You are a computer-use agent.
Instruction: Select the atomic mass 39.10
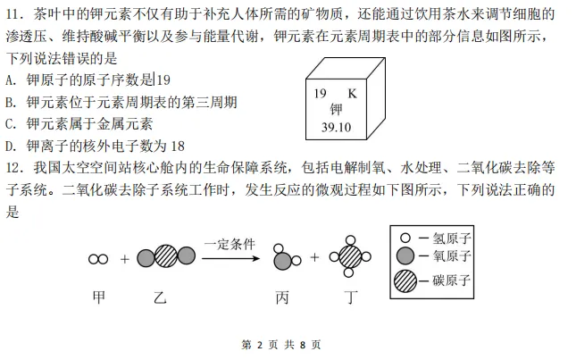[336, 127]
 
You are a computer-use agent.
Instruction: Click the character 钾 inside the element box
[336, 110]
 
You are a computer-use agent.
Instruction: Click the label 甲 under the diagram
[98, 297]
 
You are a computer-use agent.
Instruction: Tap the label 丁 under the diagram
[352, 297]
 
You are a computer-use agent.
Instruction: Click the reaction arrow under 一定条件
[229, 259]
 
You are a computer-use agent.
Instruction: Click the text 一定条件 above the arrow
[229, 244]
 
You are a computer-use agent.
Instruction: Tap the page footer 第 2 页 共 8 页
[281, 345]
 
